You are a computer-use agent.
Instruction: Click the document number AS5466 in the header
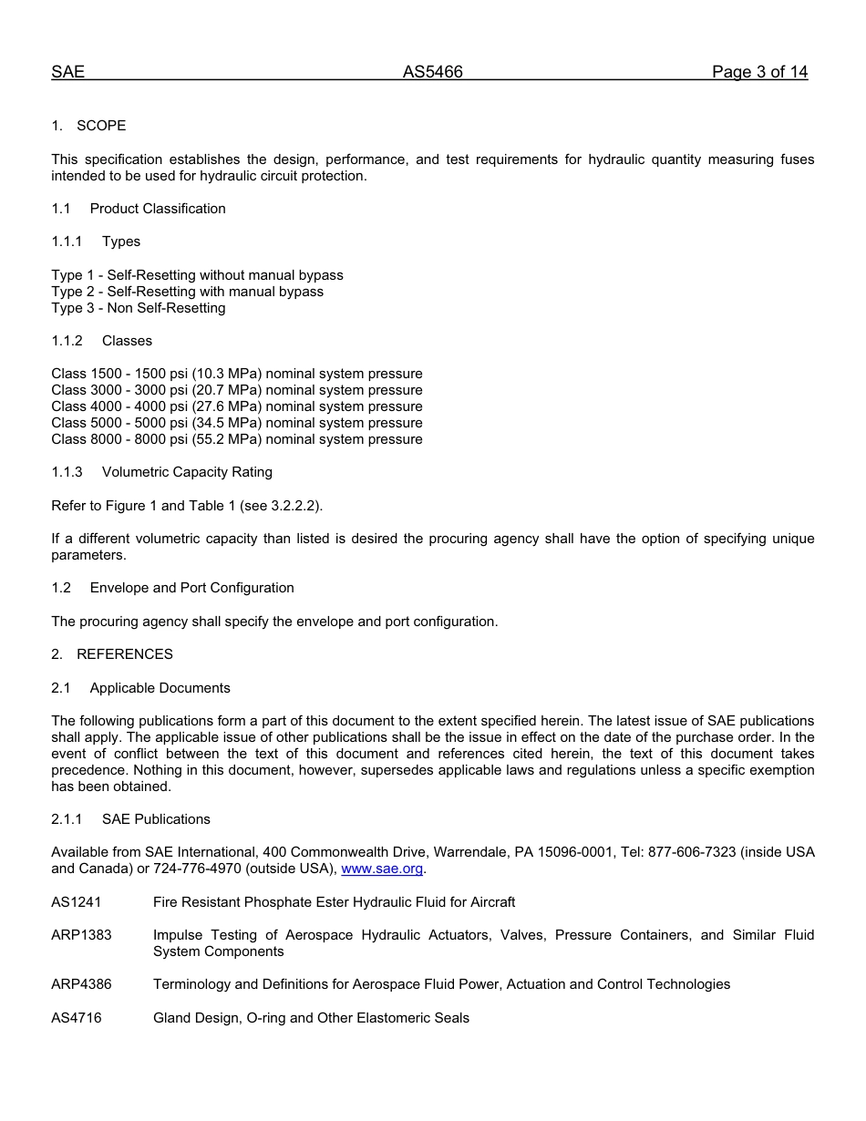[432, 72]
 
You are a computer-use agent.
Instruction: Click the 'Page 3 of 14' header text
[759, 72]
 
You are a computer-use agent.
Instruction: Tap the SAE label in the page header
[67, 72]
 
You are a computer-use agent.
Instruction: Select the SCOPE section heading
[101, 126]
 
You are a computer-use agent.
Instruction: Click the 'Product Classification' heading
[158, 209]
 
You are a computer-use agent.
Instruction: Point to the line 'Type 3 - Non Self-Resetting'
[139, 308]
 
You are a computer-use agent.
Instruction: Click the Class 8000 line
[237, 439]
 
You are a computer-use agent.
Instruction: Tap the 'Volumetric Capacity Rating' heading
[187, 472]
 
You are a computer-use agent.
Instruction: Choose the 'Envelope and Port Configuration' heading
[191, 588]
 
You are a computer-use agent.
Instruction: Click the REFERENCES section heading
[124, 654]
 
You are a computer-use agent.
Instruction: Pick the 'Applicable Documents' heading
[160, 688]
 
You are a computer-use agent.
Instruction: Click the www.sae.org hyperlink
[382, 869]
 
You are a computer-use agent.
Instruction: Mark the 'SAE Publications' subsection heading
[156, 819]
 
